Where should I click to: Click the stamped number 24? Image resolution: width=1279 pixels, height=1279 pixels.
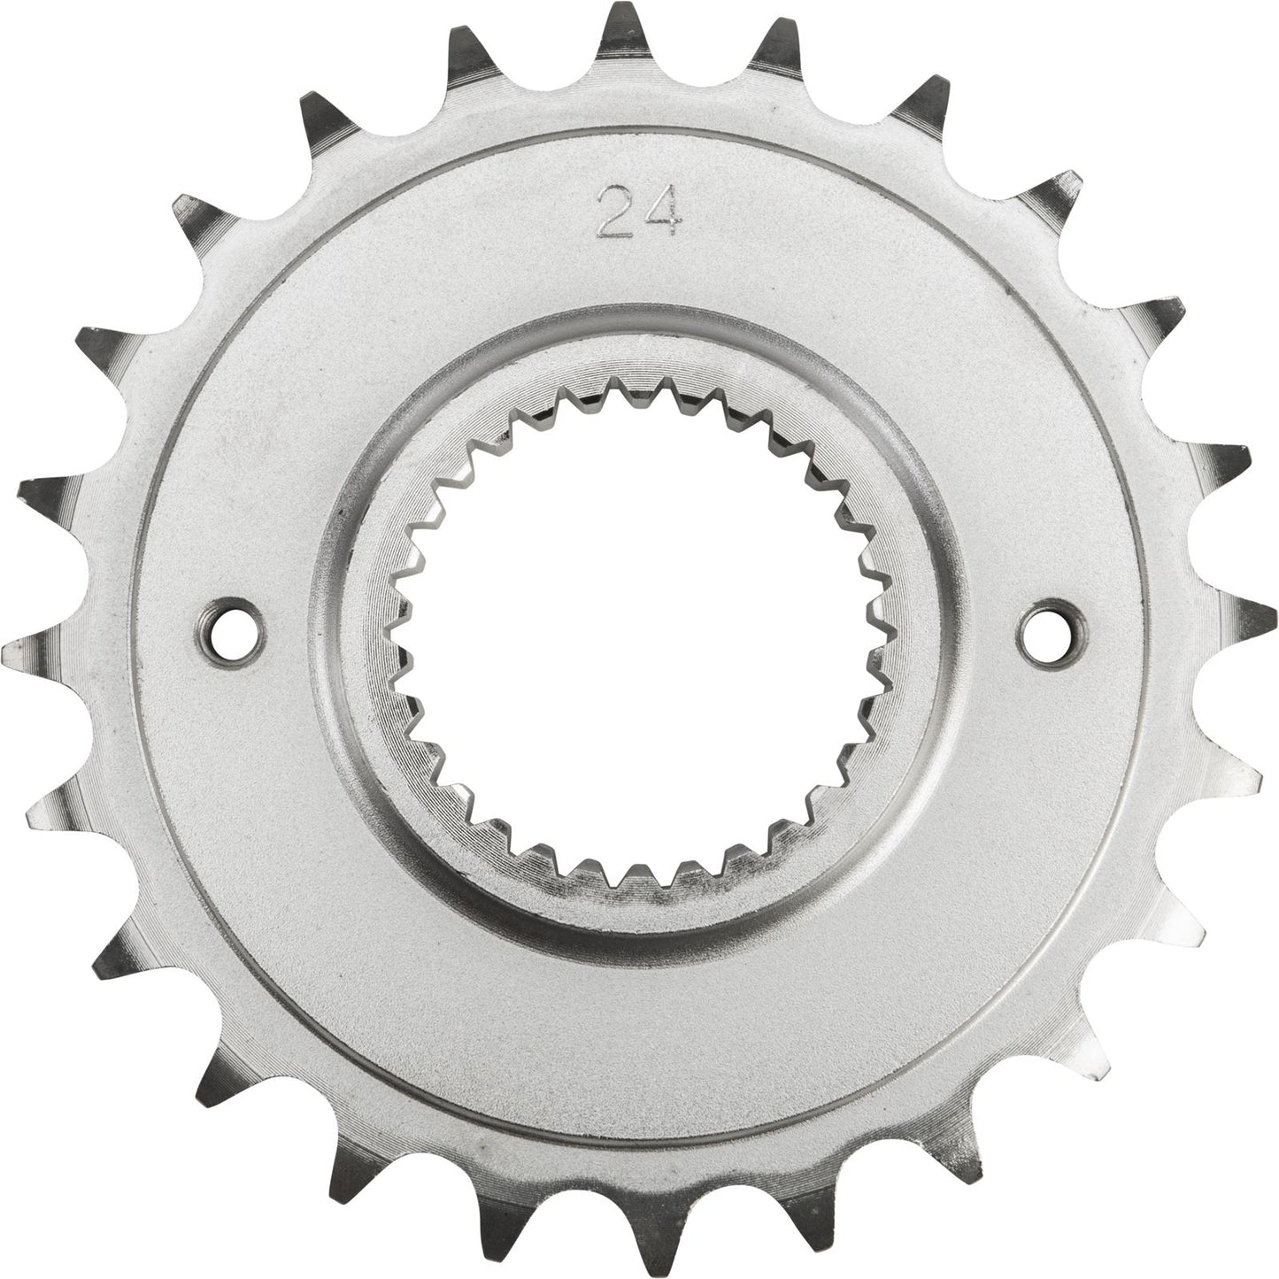638,212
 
